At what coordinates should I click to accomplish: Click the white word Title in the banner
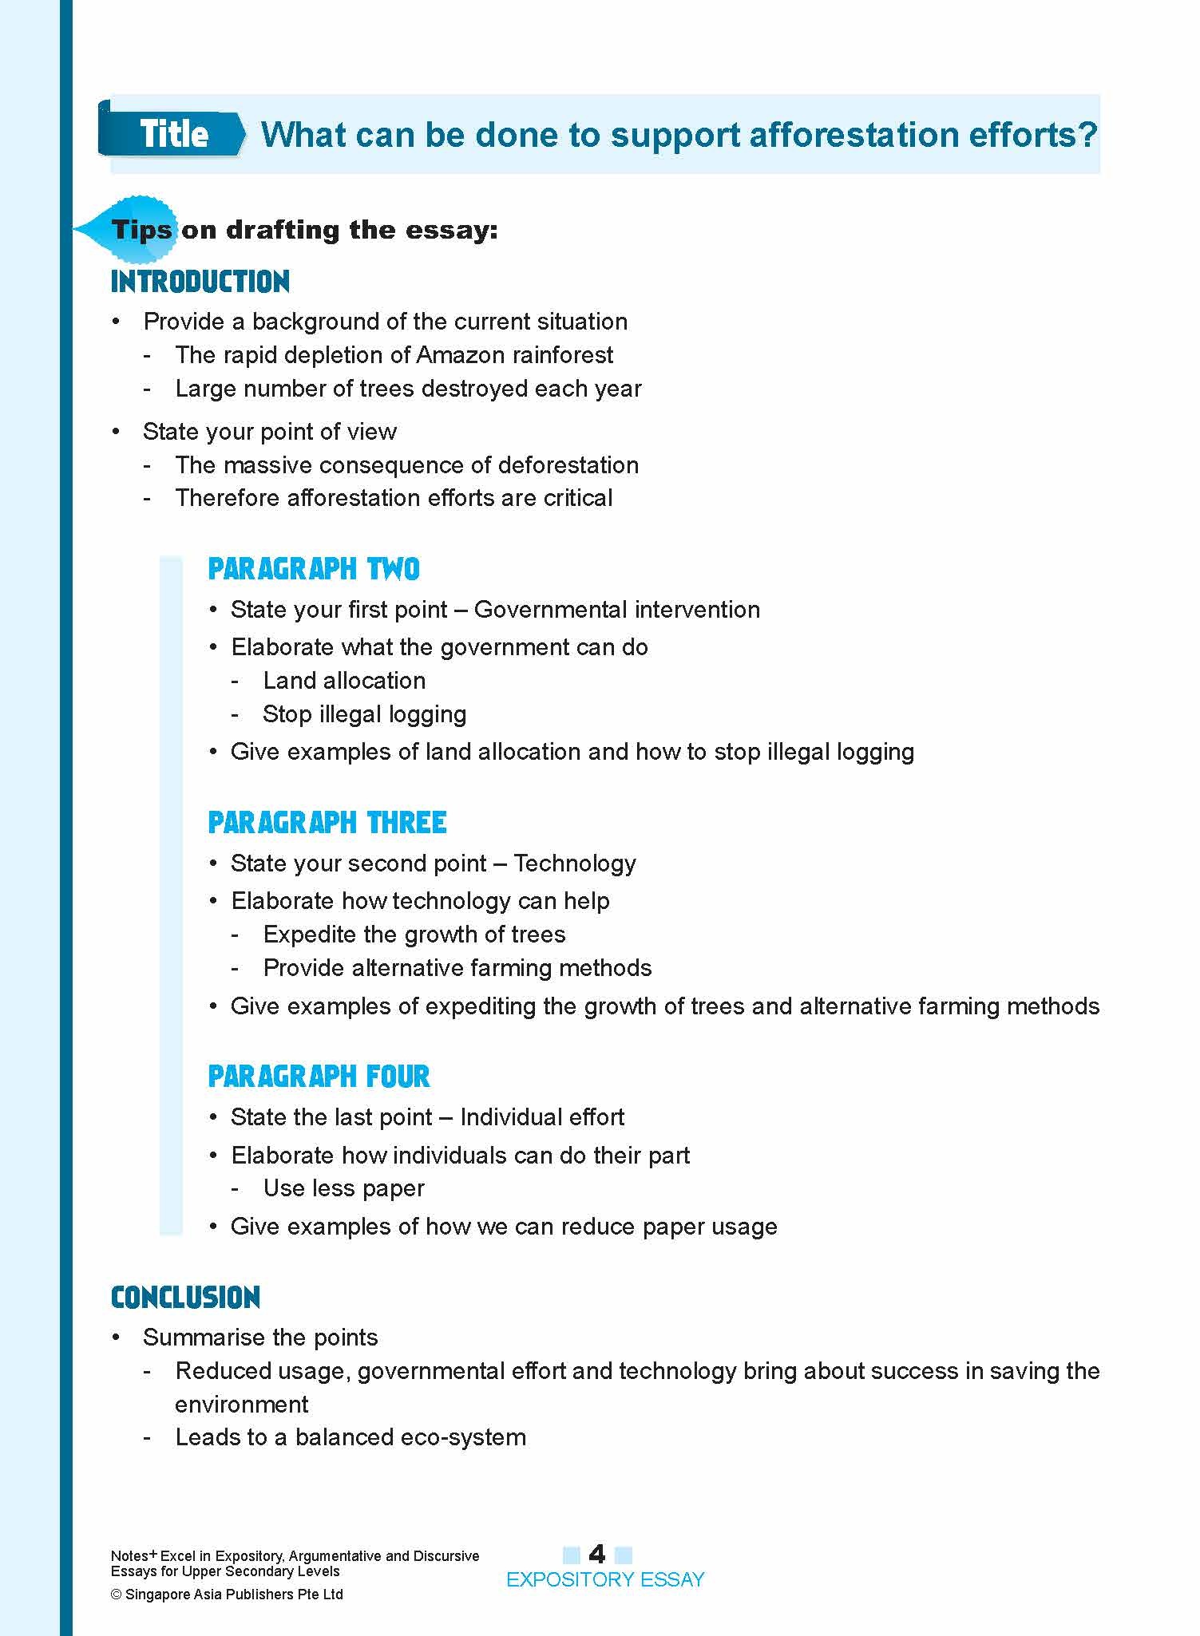tap(174, 133)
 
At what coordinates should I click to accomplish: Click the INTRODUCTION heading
tap(200, 282)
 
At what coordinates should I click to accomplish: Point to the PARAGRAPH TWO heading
tap(314, 569)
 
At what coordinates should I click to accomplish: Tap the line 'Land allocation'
tap(344, 681)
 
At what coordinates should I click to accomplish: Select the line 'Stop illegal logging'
tap(364, 714)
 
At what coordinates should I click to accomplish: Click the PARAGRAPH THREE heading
tap(327, 823)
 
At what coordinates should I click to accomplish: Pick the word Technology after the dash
tap(575, 863)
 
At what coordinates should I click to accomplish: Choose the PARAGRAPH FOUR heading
tap(319, 1077)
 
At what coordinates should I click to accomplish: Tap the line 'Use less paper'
tap(343, 1188)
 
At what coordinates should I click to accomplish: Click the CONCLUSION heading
tap(185, 1298)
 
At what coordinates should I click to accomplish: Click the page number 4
tap(596, 1553)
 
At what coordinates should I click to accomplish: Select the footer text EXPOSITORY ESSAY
tap(605, 1579)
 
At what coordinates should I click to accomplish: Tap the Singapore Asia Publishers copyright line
tap(227, 1594)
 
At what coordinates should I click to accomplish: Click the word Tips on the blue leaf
tap(141, 231)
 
